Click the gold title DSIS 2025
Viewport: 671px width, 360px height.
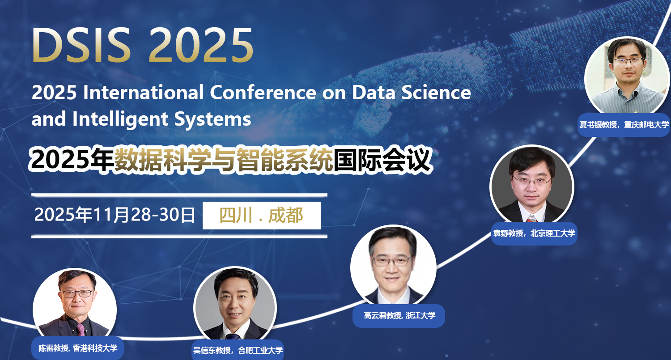pyautogui.click(x=143, y=45)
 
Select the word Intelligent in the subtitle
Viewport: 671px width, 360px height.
pyautogui.click(x=120, y=120)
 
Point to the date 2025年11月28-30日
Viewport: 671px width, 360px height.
pyautogui.click(x=115, y=215)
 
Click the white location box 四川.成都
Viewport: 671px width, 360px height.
pyautogui.click(x=262, y=216)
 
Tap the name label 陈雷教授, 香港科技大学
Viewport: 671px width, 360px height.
pyautogui.click(x=77, y=348)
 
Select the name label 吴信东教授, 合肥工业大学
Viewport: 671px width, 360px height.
pyautogui.click(x=238, y=350)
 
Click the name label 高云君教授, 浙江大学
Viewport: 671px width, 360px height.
pyautogui.click(x=399, y=316)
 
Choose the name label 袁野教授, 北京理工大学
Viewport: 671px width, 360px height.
pyautogui.click(x=534, y=233)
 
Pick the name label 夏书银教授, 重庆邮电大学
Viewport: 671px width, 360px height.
pyautogui.click(x=624, y=125)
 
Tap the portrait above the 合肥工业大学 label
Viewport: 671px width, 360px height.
pyautogui.click(x=235, y=304)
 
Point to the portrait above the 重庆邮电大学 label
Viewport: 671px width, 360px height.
pyautogui.click(x=627, y=76)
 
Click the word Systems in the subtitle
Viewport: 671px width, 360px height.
pyautogui.click(x=212, y=120)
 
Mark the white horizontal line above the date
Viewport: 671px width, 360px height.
pyautogui.click(x=179, y=195)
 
